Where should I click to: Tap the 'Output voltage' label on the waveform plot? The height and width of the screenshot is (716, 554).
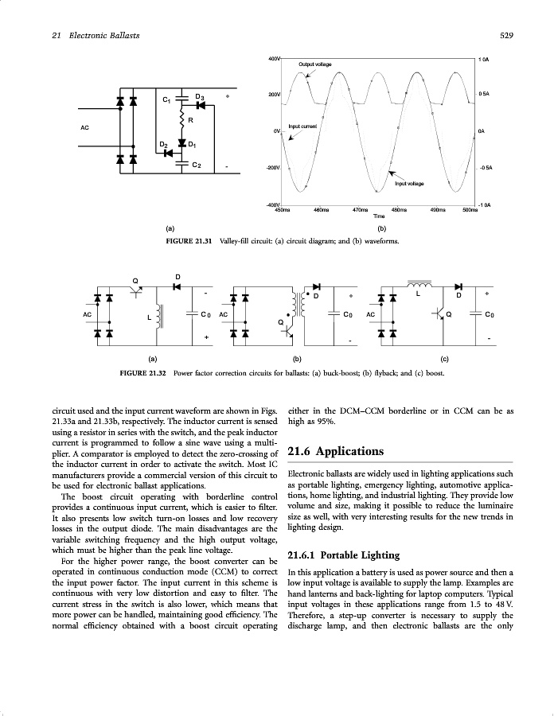pyautogui.click(x=315, y=64)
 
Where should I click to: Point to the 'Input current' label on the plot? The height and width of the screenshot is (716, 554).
pyautogui.click(x=302, y=126)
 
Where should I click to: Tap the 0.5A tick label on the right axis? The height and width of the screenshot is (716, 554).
pyautogui.click(x=484, y=94)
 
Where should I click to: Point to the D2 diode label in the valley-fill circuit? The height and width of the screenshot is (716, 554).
pyautogui.click(x=162, y=144)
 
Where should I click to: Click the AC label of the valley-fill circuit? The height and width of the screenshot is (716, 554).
pyautogui.click(x=85, y=126)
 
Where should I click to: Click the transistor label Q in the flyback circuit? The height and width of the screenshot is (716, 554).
pyautogui.click(x=281, y=321)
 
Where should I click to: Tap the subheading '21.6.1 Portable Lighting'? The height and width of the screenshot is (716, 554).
pyautogui.click(x=345, y=555)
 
